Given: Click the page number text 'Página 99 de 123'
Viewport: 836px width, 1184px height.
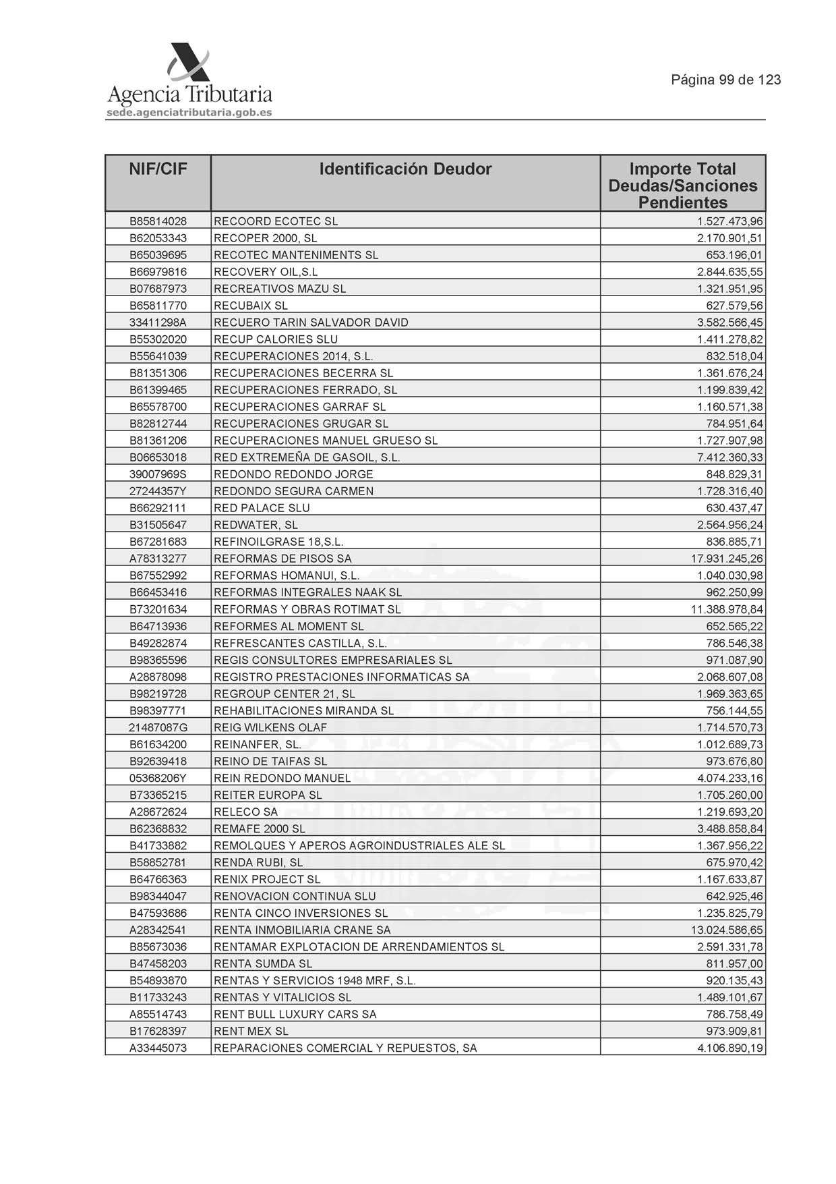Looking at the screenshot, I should (725, 80).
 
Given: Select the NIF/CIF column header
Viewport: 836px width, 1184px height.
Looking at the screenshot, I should (158, 169).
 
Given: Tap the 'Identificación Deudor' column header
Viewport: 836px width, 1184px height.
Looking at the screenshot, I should (405, 169).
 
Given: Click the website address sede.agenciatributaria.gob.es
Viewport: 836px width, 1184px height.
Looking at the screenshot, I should (189, 113).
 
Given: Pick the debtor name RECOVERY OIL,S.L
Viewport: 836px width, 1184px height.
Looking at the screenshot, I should (266, 272).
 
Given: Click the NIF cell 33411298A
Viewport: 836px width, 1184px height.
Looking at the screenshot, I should (158, 322).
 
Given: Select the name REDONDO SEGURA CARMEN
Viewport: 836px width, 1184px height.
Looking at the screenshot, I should (293, 491).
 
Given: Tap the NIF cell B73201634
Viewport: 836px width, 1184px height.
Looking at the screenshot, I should (158, 609).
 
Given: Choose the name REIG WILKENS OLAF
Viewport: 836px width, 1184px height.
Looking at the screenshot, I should (270, 727).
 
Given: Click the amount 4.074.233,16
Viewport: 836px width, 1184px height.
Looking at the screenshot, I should (729, 778).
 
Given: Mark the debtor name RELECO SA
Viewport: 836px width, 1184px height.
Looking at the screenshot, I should (245, 812).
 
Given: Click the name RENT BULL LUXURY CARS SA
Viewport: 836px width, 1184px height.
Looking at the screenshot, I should (295, 1014).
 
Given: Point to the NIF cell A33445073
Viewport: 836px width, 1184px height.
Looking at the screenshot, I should (158, 1048).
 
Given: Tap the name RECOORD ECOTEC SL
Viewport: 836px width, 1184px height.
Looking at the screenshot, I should (276, 221).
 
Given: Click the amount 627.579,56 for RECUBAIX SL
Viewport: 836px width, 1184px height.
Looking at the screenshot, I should (734, 306).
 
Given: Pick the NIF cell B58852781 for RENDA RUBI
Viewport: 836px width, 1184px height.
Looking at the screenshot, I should (158, 862).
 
